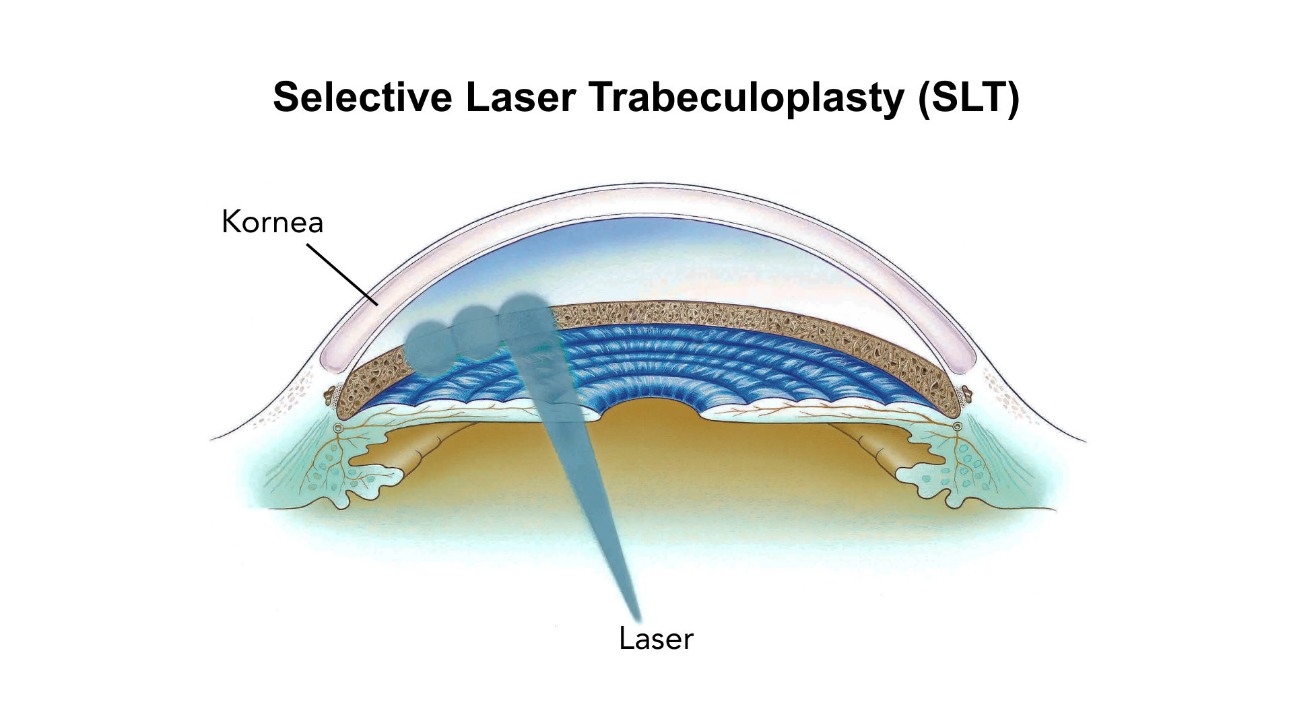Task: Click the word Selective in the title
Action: pyautogui.click(x=363, y=97)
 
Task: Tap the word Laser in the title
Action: pyautogui.click(x=521, y=97)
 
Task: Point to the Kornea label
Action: pyautogui.click(x=273, y=221)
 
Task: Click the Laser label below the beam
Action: pyautogui.click(x=656, y=639)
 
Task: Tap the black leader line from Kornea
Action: pyautogui.click(x=342, y=275)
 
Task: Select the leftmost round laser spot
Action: pyautogui.click(x=430, y=347)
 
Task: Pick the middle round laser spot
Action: pyautogui.click(x=476, y=332)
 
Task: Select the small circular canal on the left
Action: pyautogui.click(x=338, y=427)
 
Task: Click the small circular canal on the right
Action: pyautogui.click(x=957, y=427)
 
